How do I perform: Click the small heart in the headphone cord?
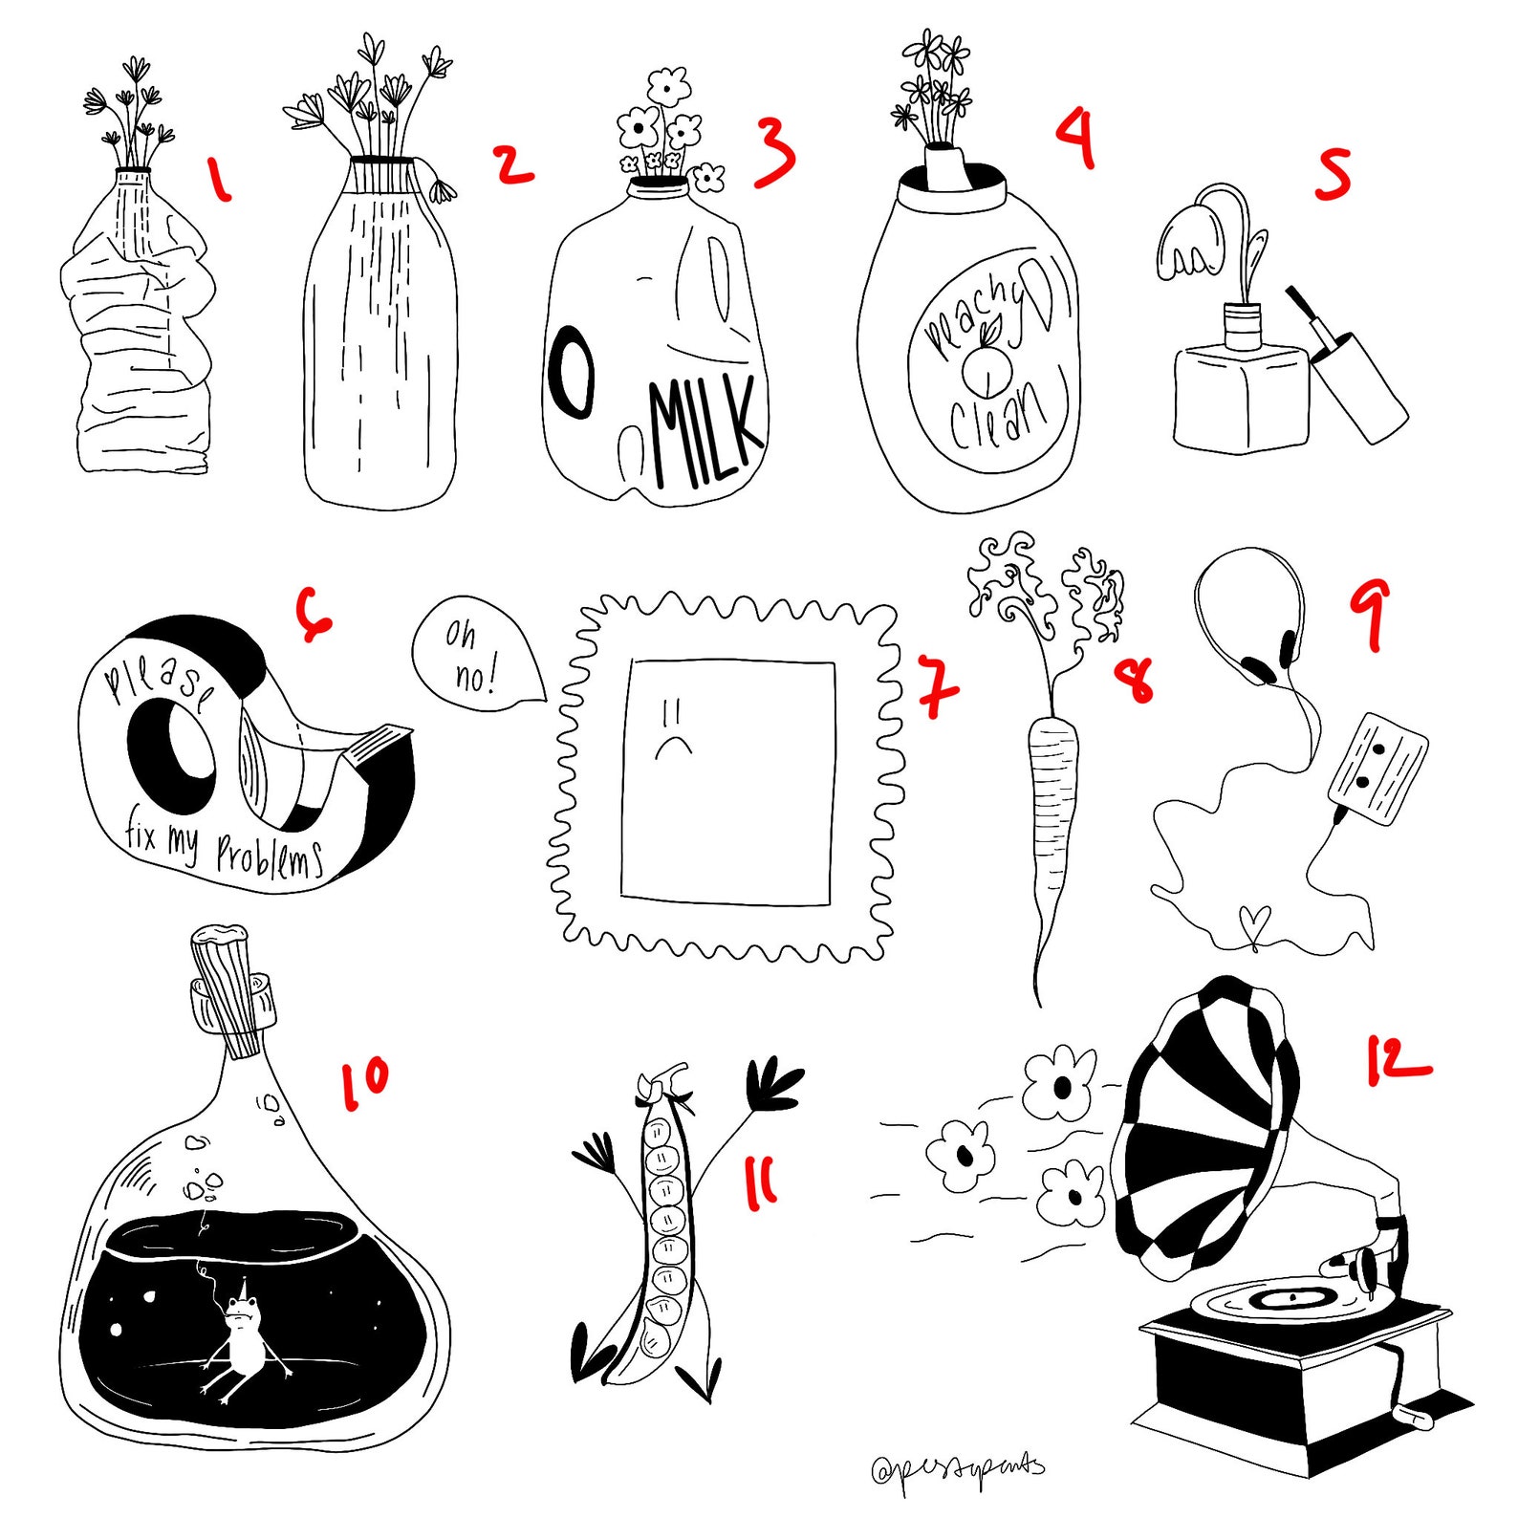pyautogui.click(x=1254, y=923)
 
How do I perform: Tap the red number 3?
pyautogui.click(x=774, y=153)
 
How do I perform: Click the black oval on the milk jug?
pyautogui.click(x=571, y=373)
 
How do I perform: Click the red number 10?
pyautogui.click(x=364, y=1083)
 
